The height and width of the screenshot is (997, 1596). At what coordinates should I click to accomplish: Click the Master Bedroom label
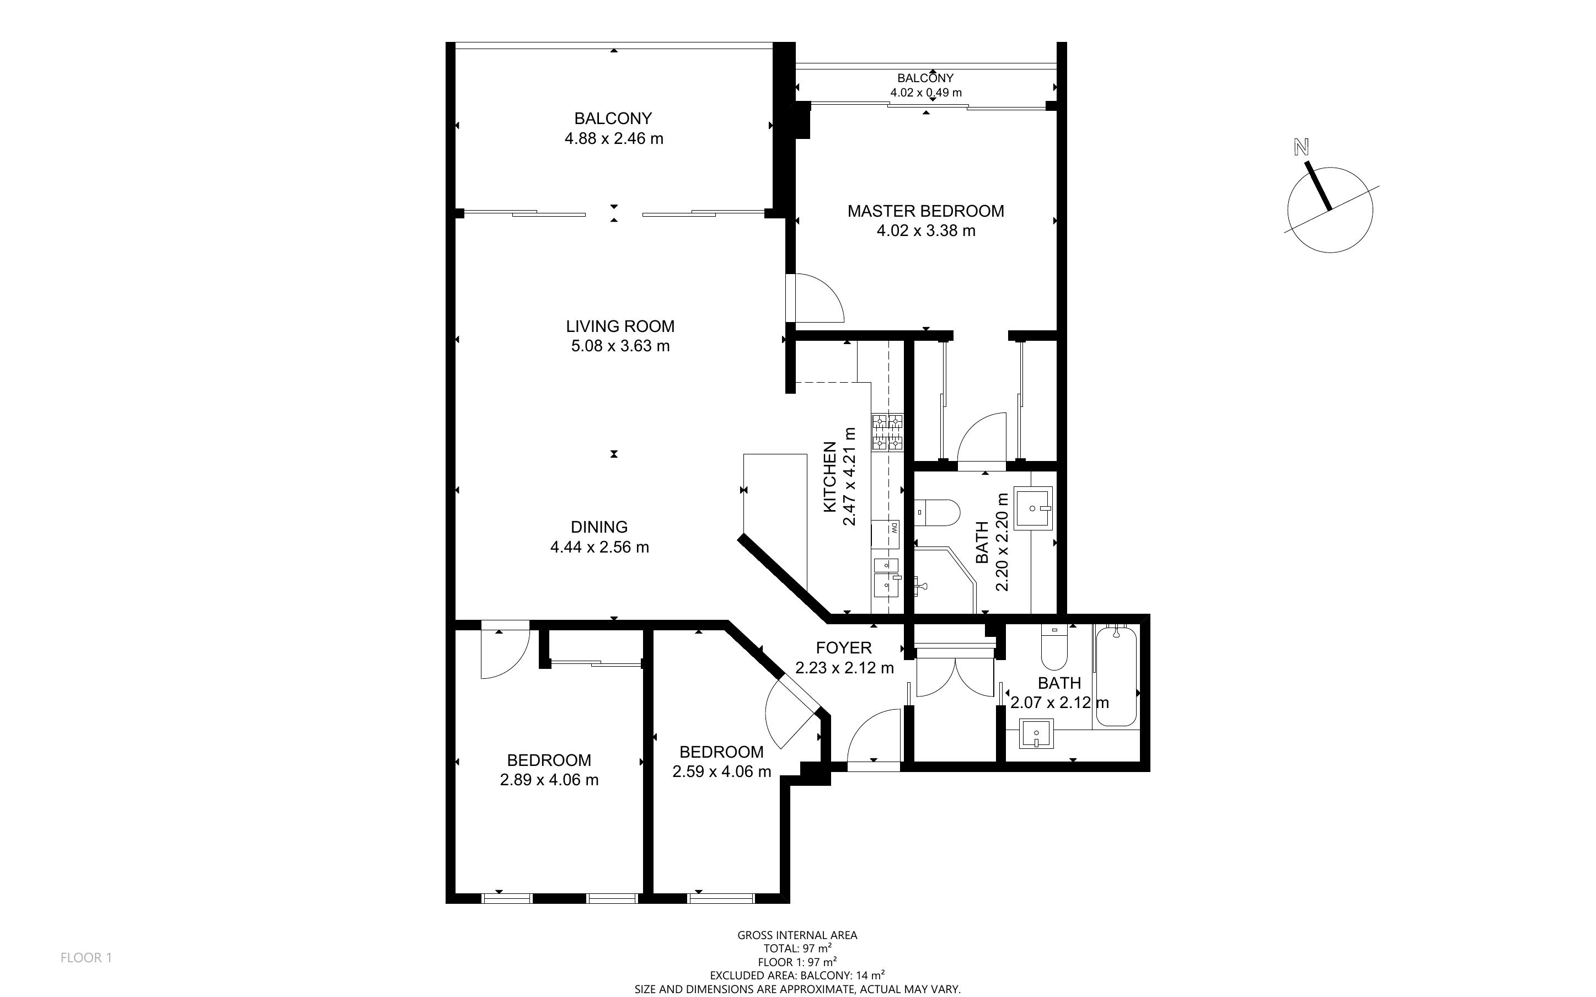(x=925, y=211)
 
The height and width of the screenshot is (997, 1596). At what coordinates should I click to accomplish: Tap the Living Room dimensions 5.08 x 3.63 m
(x=620, y=346)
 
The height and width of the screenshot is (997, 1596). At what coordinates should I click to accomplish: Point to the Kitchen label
(x=830, y=478)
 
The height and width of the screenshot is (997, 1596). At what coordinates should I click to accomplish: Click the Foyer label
(x=844, y=647)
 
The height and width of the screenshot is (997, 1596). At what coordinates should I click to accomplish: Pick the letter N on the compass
(x=1300, y=148)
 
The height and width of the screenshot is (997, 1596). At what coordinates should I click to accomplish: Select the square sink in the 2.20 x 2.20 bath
(x=1033, y=508)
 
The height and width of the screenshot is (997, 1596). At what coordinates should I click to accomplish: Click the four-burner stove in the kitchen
(x=887, y=432)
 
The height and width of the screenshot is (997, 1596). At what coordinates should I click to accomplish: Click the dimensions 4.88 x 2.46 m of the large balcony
(x=614, y=138)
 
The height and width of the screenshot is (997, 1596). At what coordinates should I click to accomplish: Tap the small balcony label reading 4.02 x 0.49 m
(x=925, y=92)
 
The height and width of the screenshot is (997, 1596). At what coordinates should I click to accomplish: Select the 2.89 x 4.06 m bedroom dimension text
(x=549, y=779)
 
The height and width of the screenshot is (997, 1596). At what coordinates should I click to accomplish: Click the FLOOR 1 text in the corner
(x=87, y=957)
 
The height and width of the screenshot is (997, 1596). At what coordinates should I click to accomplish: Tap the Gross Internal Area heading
(x=797, y=935)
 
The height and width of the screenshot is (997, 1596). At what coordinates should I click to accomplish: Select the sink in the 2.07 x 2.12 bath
(x=1036, y=734)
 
